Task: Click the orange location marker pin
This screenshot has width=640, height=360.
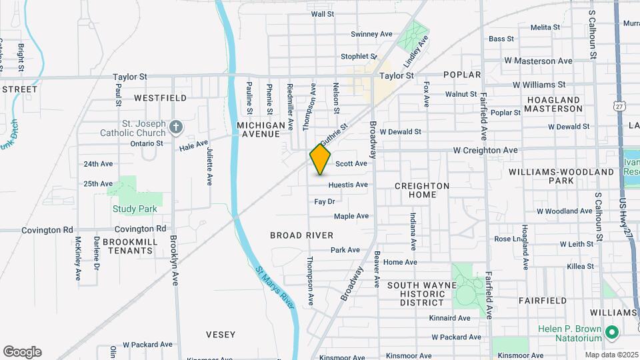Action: (320, 159)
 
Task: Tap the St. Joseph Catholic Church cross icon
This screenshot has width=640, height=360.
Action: (175, 127)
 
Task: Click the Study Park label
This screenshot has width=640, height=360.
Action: (135, 209)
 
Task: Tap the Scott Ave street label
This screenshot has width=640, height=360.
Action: (351, 163)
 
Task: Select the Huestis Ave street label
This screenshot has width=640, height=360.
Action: (348, 185)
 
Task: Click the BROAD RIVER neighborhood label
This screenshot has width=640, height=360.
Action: (301, 235)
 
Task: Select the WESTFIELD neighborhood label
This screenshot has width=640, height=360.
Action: (160, 98)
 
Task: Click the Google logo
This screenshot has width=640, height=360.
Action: (22, 352)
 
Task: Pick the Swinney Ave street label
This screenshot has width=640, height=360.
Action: (371, 34)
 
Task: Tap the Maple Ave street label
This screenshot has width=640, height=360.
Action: (351, 216)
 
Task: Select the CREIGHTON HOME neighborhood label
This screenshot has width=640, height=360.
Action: (422, 190)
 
